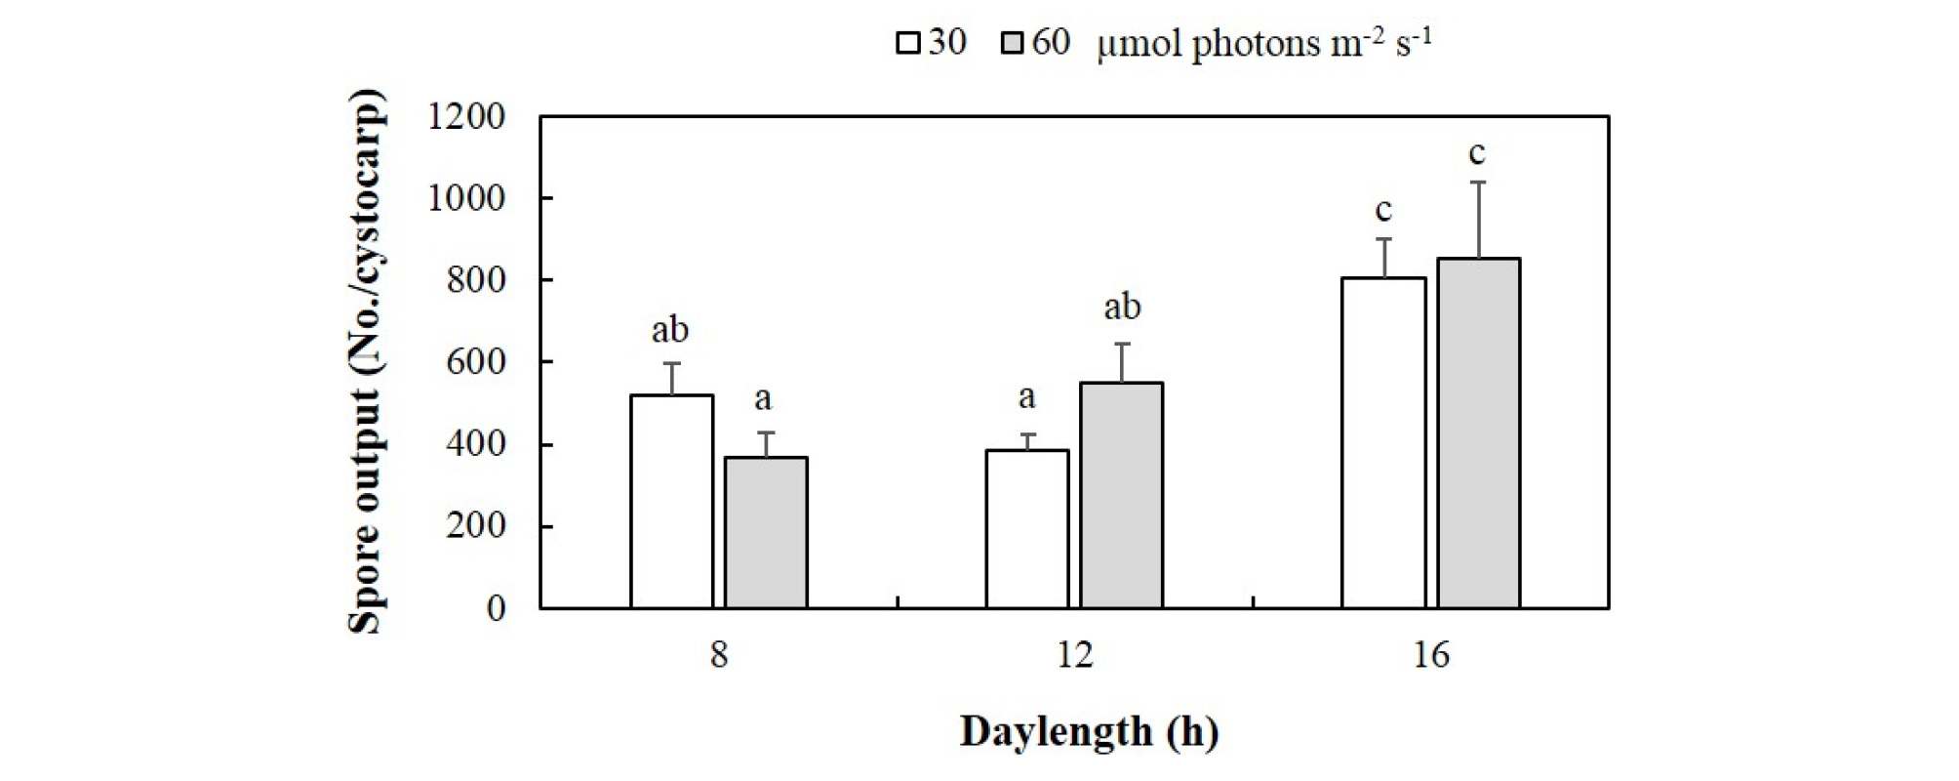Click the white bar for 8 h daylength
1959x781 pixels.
(x=671, y=502)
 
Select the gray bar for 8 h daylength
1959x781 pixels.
(x=766, y=533)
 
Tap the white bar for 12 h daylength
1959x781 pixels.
(x=1026, y=529)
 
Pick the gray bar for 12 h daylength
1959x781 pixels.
(x=1121, y=496)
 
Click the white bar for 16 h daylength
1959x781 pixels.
(x=1382, y=443)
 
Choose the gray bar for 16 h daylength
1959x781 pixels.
(x=1478, y=433)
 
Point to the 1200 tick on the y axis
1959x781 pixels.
(x=466, y=117)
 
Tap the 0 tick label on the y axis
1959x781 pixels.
(x=496, y=608)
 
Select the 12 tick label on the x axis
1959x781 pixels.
(x=1074, y=654)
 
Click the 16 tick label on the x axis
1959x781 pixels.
(x=1430, y=654)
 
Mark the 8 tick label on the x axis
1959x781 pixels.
(x=719, y=654)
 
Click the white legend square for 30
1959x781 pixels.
(x=908, y=44)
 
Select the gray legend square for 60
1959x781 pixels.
(x=1013, y=44)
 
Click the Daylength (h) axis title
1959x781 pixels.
(x=1089, y=731)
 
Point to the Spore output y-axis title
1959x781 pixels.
(x=367, y=361)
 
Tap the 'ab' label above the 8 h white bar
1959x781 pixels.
(x=670, y=330)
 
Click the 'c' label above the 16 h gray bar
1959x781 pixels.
(x=1477, y=153)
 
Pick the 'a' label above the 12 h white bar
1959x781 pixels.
(x=1026, y=396)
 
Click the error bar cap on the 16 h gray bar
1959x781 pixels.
(x=1478, y=183)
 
